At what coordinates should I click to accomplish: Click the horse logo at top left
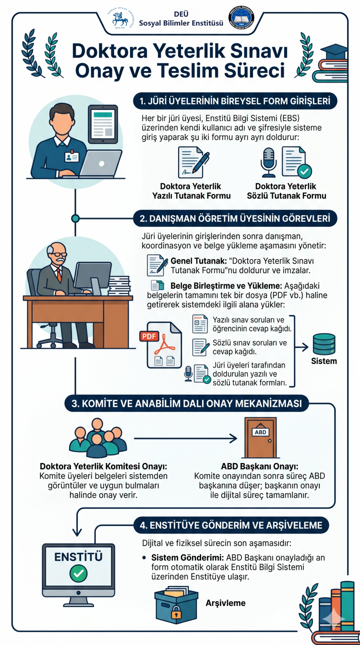click(x=120, y=19)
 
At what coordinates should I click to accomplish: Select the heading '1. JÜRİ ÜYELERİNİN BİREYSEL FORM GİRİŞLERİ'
click(x=235, y=101)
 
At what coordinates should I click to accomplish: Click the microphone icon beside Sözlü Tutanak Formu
click(x=268, y=162)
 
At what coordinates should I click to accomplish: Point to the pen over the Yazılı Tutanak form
click(x=202, y=159)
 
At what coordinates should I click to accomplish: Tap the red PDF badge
click(x=150, y=336)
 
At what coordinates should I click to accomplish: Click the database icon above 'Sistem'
click(x=324, y=343)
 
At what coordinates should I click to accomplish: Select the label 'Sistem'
click(x=324, y=361)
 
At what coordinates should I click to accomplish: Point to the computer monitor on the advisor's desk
click(x=92, y=276)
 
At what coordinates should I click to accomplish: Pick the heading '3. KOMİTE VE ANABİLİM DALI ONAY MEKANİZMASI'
click(x=187, y=404)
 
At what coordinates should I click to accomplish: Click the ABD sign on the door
click(x=260, y=432)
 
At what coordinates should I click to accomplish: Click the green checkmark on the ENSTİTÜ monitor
click(x=78, y=573)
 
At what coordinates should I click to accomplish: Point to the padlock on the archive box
click(x=176, y=613)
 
